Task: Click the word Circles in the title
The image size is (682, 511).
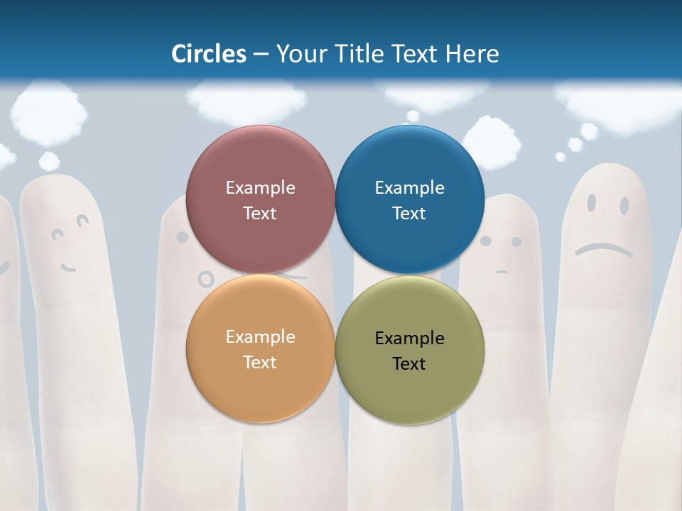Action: [209, 54]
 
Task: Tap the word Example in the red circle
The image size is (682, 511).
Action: [260, 187]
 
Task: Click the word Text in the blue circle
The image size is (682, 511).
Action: [409, 213]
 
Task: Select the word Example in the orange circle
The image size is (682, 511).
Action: [260, 336]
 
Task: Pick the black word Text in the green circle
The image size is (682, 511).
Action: [409, 363]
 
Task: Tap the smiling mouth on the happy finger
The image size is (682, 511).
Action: [68, 268]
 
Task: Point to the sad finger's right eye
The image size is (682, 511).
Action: [624, 205]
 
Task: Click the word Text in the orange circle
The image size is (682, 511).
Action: [260, 362]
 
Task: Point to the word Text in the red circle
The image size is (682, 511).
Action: [260, 213]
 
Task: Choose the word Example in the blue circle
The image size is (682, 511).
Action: [409, 187]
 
